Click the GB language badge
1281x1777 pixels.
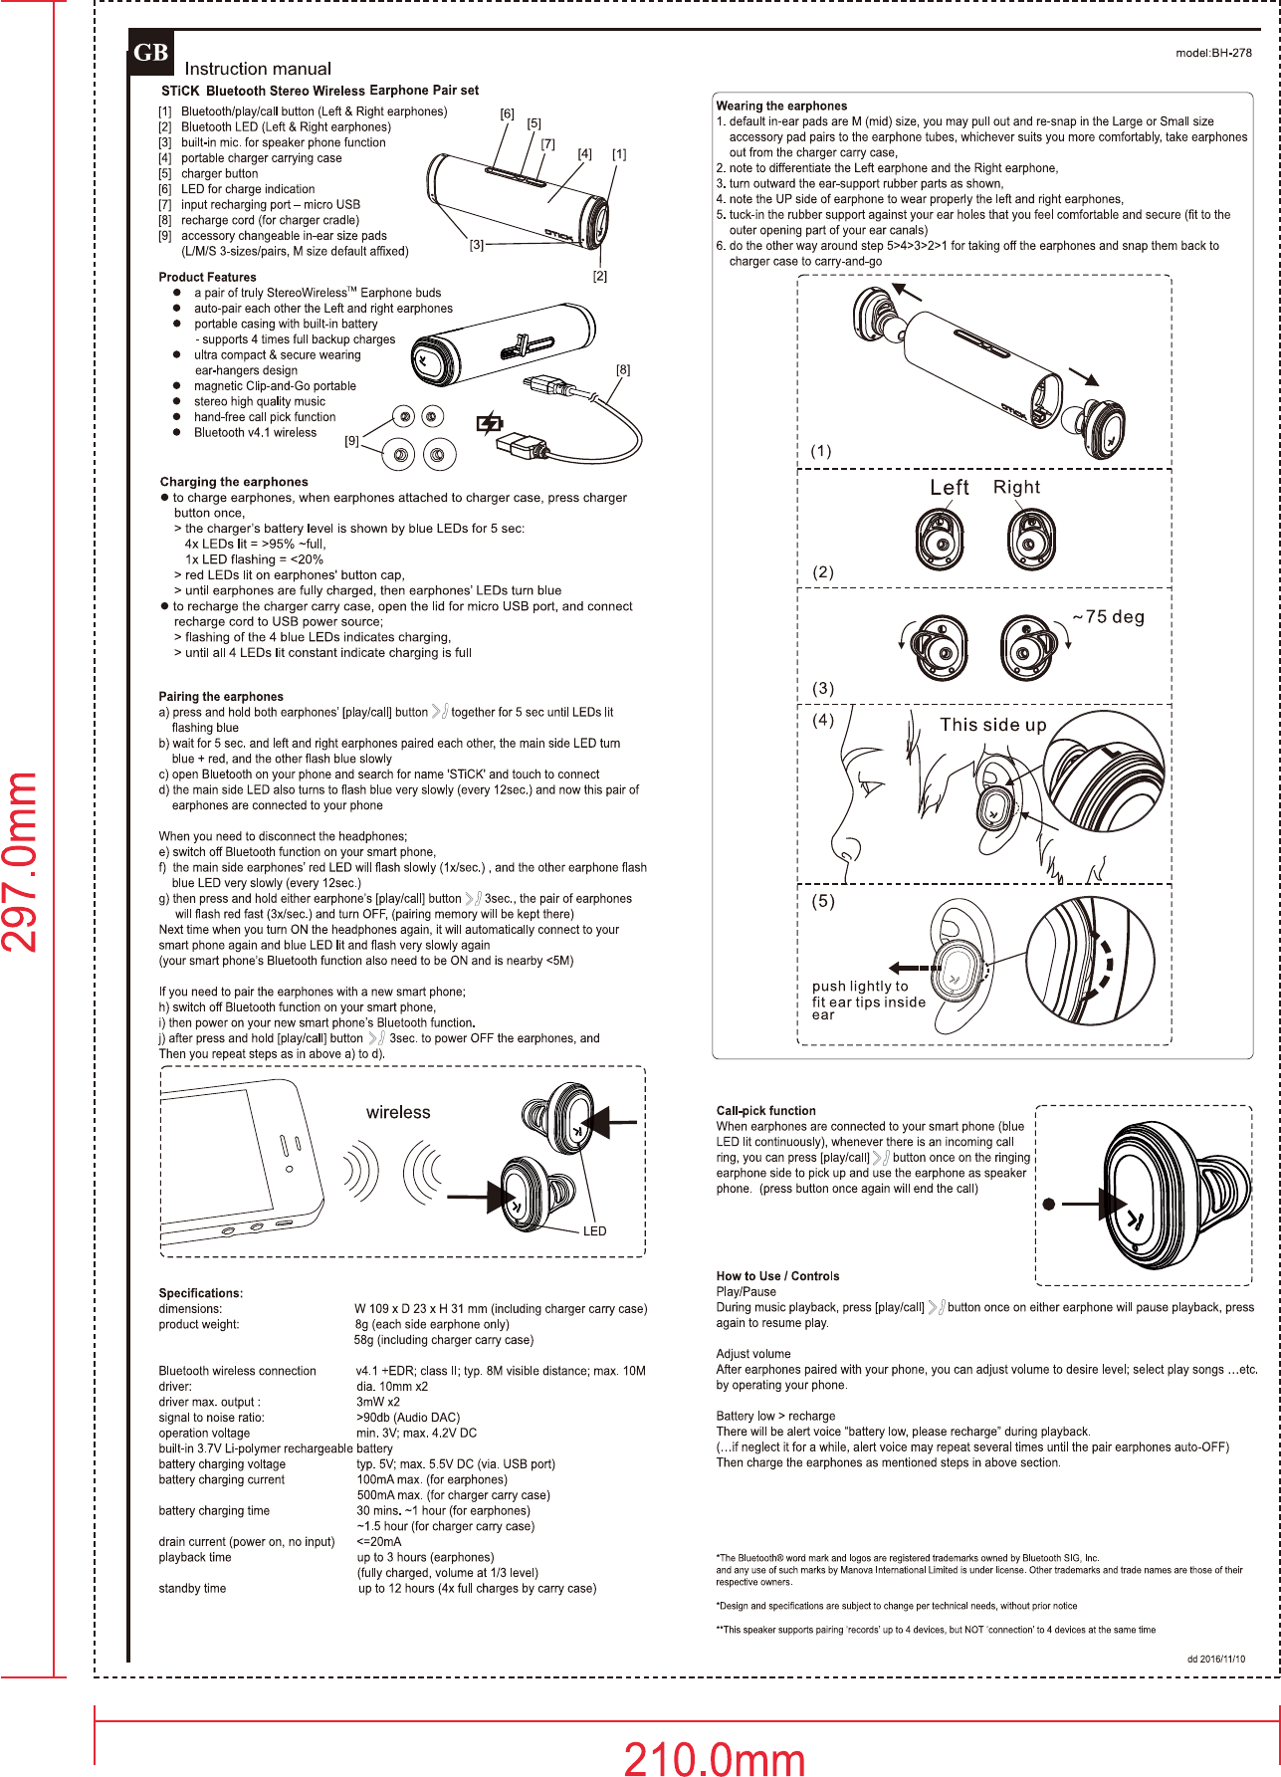click(150, 53)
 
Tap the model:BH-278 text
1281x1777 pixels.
click(1213, 53)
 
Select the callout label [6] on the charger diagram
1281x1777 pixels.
click(507, 113)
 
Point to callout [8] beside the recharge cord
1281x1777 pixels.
click(623, 369)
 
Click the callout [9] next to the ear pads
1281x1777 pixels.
click(351, 441)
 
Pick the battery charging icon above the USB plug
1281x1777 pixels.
click(490, 423)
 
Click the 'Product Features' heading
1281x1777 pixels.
click(207, 277)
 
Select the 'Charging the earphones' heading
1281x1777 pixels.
click(234, 482)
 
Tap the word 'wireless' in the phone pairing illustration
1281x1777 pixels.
click(398, 1112)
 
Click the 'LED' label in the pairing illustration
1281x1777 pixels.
click(594, 1231)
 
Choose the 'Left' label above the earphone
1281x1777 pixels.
click(949, 488)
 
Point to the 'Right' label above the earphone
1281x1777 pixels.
click(1016, 487)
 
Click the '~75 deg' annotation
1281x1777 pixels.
click(1109, 617)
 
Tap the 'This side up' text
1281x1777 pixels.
click(993, 725)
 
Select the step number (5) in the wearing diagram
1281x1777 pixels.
click(823, 901)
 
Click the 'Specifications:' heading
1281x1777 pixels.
click(201, 1293)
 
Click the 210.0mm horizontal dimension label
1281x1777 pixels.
click(714, 1757)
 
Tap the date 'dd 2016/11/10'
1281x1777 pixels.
click(1215, 1659)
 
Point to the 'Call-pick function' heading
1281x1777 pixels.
click(765, 1111)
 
